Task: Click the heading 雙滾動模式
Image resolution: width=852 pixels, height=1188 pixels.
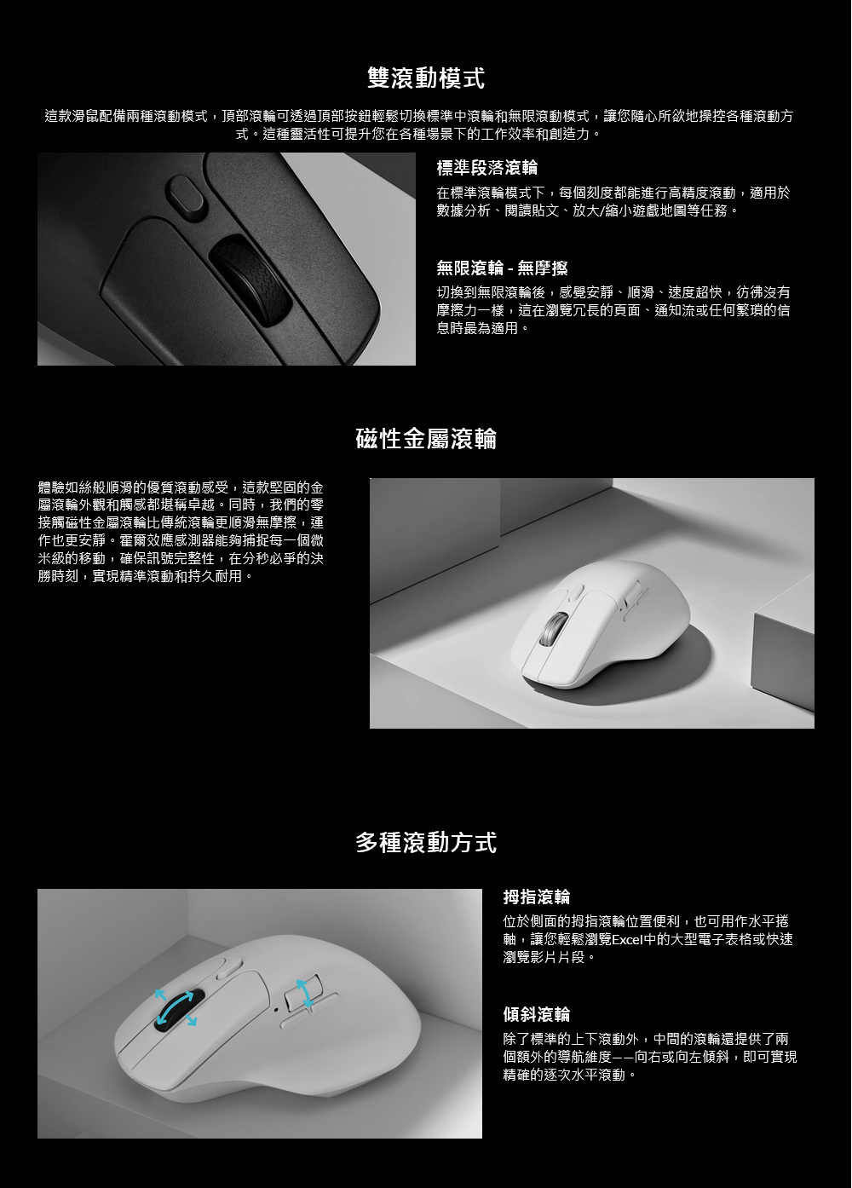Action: (426, 78)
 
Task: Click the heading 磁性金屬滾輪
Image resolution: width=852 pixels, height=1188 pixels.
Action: (426, 439)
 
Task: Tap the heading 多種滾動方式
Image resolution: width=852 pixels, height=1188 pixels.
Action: (426, 843)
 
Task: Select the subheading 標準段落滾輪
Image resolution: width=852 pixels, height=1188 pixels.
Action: (486, 168)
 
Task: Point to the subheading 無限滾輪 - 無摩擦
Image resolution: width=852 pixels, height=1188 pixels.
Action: (502, 268)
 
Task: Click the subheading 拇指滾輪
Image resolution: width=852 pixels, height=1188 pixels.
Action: (536, 897)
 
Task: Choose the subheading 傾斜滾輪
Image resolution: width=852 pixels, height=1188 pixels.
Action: (536, 1015)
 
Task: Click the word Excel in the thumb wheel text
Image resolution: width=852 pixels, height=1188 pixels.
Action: (627, 939)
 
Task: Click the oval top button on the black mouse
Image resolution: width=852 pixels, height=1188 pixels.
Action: (186, 197)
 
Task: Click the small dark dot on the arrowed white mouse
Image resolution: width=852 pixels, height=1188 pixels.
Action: (276, 1009)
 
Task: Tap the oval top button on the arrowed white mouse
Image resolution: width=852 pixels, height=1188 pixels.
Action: (228, 967)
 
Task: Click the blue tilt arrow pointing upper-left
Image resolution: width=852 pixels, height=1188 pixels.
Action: (160, 995)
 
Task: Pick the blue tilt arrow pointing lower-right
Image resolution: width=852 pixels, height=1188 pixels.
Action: (190, 1020)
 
